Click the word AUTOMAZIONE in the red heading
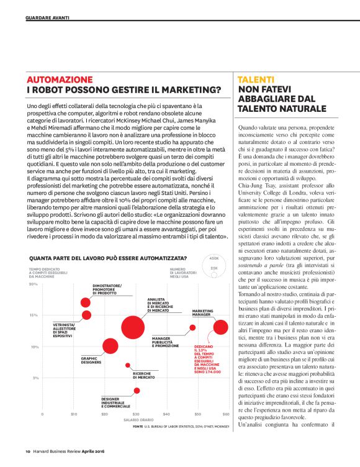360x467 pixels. pyautogui.click(x=60, y=80)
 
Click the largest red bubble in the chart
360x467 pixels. pyautogui.click(x=133, y=330)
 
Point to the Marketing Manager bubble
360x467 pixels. pyautogui.click(x=220, y=327)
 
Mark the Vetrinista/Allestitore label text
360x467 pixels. pyautogui.click(x=64, y=329)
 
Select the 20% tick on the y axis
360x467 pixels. pyautogui.click(x=34, y=284)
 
